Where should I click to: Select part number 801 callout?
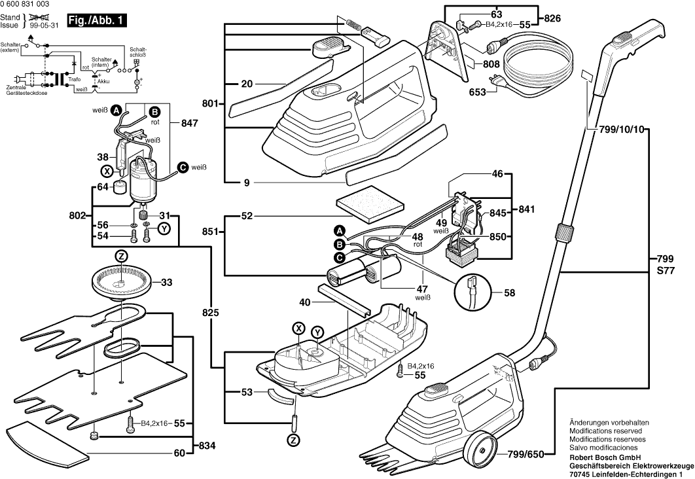209,103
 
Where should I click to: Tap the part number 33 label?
166,283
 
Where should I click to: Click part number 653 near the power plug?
477,92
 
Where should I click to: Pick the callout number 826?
552,18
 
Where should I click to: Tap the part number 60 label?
179,453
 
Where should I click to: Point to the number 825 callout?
209,313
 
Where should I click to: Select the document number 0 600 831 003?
26,5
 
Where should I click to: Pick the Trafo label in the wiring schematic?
75,79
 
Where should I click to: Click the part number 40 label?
304,303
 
